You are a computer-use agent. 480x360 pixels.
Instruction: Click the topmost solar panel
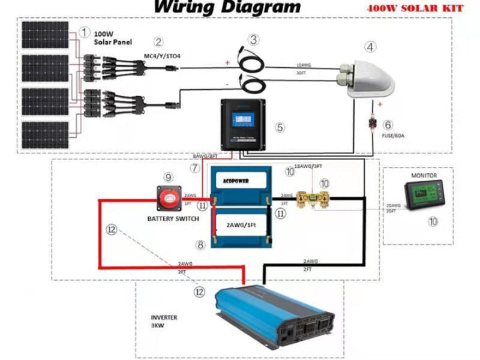click(x=46, y=35)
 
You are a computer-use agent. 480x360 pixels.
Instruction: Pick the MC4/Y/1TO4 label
click(x=161, y=56)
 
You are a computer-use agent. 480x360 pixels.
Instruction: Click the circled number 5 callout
click(x=279, y=127)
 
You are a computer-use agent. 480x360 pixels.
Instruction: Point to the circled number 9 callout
click(x=169, y=177)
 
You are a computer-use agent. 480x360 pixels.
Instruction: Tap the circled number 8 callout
click(x=200, y=245)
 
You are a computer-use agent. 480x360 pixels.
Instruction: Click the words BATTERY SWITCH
click(x=173, y=219)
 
